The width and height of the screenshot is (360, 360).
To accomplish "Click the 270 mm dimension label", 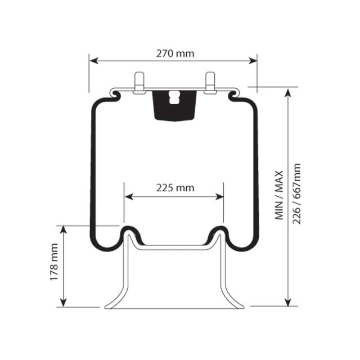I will (174, 53).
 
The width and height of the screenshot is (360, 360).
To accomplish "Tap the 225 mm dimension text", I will (174, 188).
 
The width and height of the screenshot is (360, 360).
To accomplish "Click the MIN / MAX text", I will (280, 195).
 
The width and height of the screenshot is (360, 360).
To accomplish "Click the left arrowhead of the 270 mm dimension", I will (93, 60).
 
